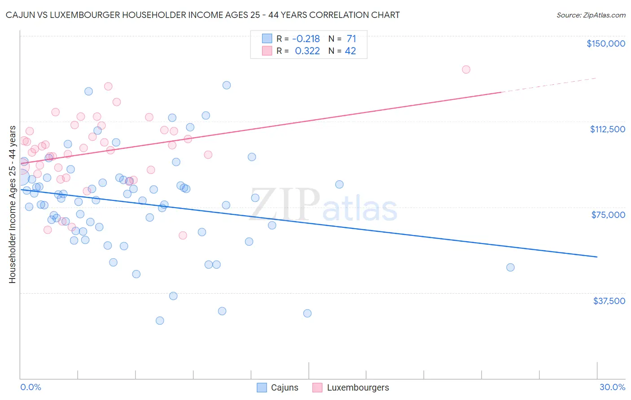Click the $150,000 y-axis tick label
point(605,43)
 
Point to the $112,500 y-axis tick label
point(607,129)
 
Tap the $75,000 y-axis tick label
point(608,215)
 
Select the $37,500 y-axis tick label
point(609,301)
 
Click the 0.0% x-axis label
point(31,387)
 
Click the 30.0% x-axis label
point(612,387)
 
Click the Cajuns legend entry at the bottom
point(277,387)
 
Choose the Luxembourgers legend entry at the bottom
point(351,387)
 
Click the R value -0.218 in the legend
point(306,39)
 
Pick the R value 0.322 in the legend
point(307,51)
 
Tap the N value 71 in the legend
point(351,39)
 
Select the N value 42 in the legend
point(350,51)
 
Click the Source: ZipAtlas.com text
point(591,15)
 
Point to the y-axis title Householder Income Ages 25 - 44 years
point(12,204)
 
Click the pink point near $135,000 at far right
point(466,70)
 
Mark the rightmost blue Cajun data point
point(510,267)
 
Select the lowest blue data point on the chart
point(160,321)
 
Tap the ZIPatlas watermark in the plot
point(323,205)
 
